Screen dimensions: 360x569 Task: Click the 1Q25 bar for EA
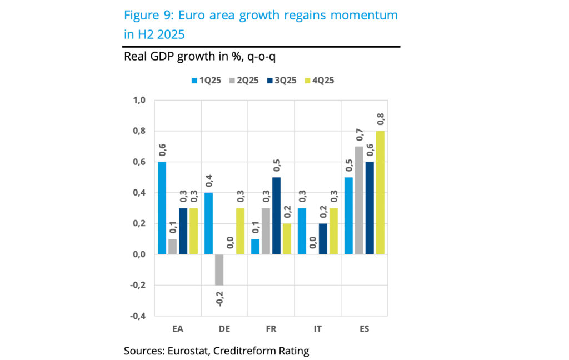pos(162,208)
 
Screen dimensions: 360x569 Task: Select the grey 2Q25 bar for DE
pos(219,269)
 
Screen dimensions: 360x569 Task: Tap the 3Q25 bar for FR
pos(276,216)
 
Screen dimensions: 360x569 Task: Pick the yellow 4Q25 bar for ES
pos(380,193)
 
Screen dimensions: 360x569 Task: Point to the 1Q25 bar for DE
pos(208,224)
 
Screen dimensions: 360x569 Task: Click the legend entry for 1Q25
pos(206,80)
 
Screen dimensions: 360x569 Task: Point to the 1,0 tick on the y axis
pos(138,101)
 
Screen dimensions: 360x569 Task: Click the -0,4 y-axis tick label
pos(137,316)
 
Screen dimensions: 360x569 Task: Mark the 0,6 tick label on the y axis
pos(138,162)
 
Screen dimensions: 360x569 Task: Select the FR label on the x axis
pos(271,329)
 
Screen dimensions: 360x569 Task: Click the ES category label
pos(364,329)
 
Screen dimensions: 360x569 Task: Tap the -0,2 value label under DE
pos(219,298)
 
